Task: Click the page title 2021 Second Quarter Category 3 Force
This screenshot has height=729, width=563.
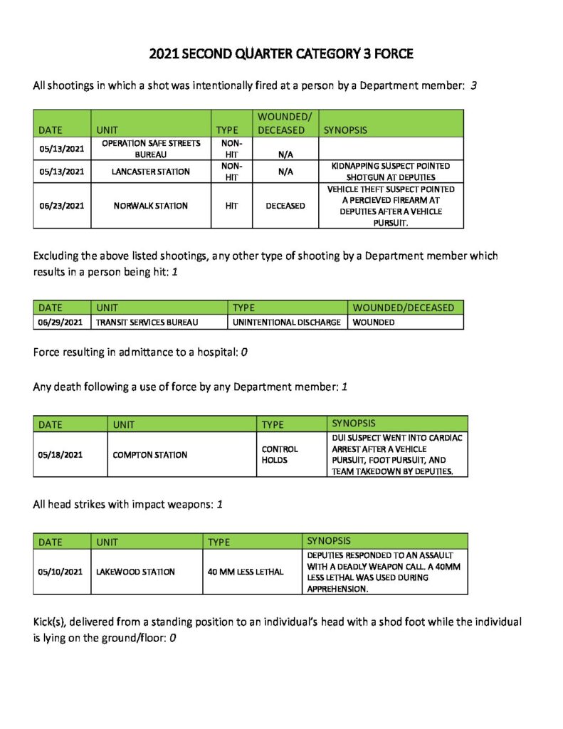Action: point(281,54)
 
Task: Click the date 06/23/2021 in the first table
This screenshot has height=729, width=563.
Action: point(62,206)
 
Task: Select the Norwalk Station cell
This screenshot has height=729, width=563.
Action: point(151,206)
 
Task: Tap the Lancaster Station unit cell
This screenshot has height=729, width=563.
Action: point(151,172)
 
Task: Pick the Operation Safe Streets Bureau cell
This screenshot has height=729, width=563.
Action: point(151,148)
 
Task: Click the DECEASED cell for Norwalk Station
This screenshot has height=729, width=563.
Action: point(285,206)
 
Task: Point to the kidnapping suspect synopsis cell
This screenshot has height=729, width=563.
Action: point(391,172)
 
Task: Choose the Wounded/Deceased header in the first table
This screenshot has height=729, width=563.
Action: point(281,122)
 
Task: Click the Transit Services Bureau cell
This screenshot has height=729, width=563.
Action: point(147,322)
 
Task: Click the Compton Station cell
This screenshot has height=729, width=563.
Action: point(150,455)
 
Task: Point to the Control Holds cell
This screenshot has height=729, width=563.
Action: point(280,455)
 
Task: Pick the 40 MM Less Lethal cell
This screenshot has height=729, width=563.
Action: point(246,572)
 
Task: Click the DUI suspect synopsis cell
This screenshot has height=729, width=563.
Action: point(396,455)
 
